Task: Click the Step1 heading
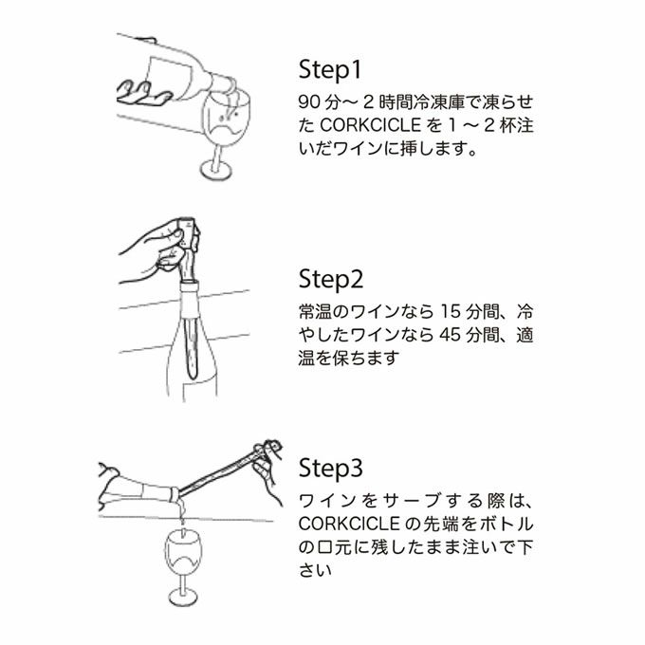(x=330, y=69)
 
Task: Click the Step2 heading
(x=331, y=280)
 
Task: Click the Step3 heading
(x=331, y=469)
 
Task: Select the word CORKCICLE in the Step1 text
(x=371, y=125)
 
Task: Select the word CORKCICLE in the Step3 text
(x=349, y=524)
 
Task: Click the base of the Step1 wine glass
(x=216, y=170)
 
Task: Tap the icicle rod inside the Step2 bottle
(x=192, y=348)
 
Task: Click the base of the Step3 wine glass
(x=183, y=597)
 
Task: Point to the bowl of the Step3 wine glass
(x=183, y=551)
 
